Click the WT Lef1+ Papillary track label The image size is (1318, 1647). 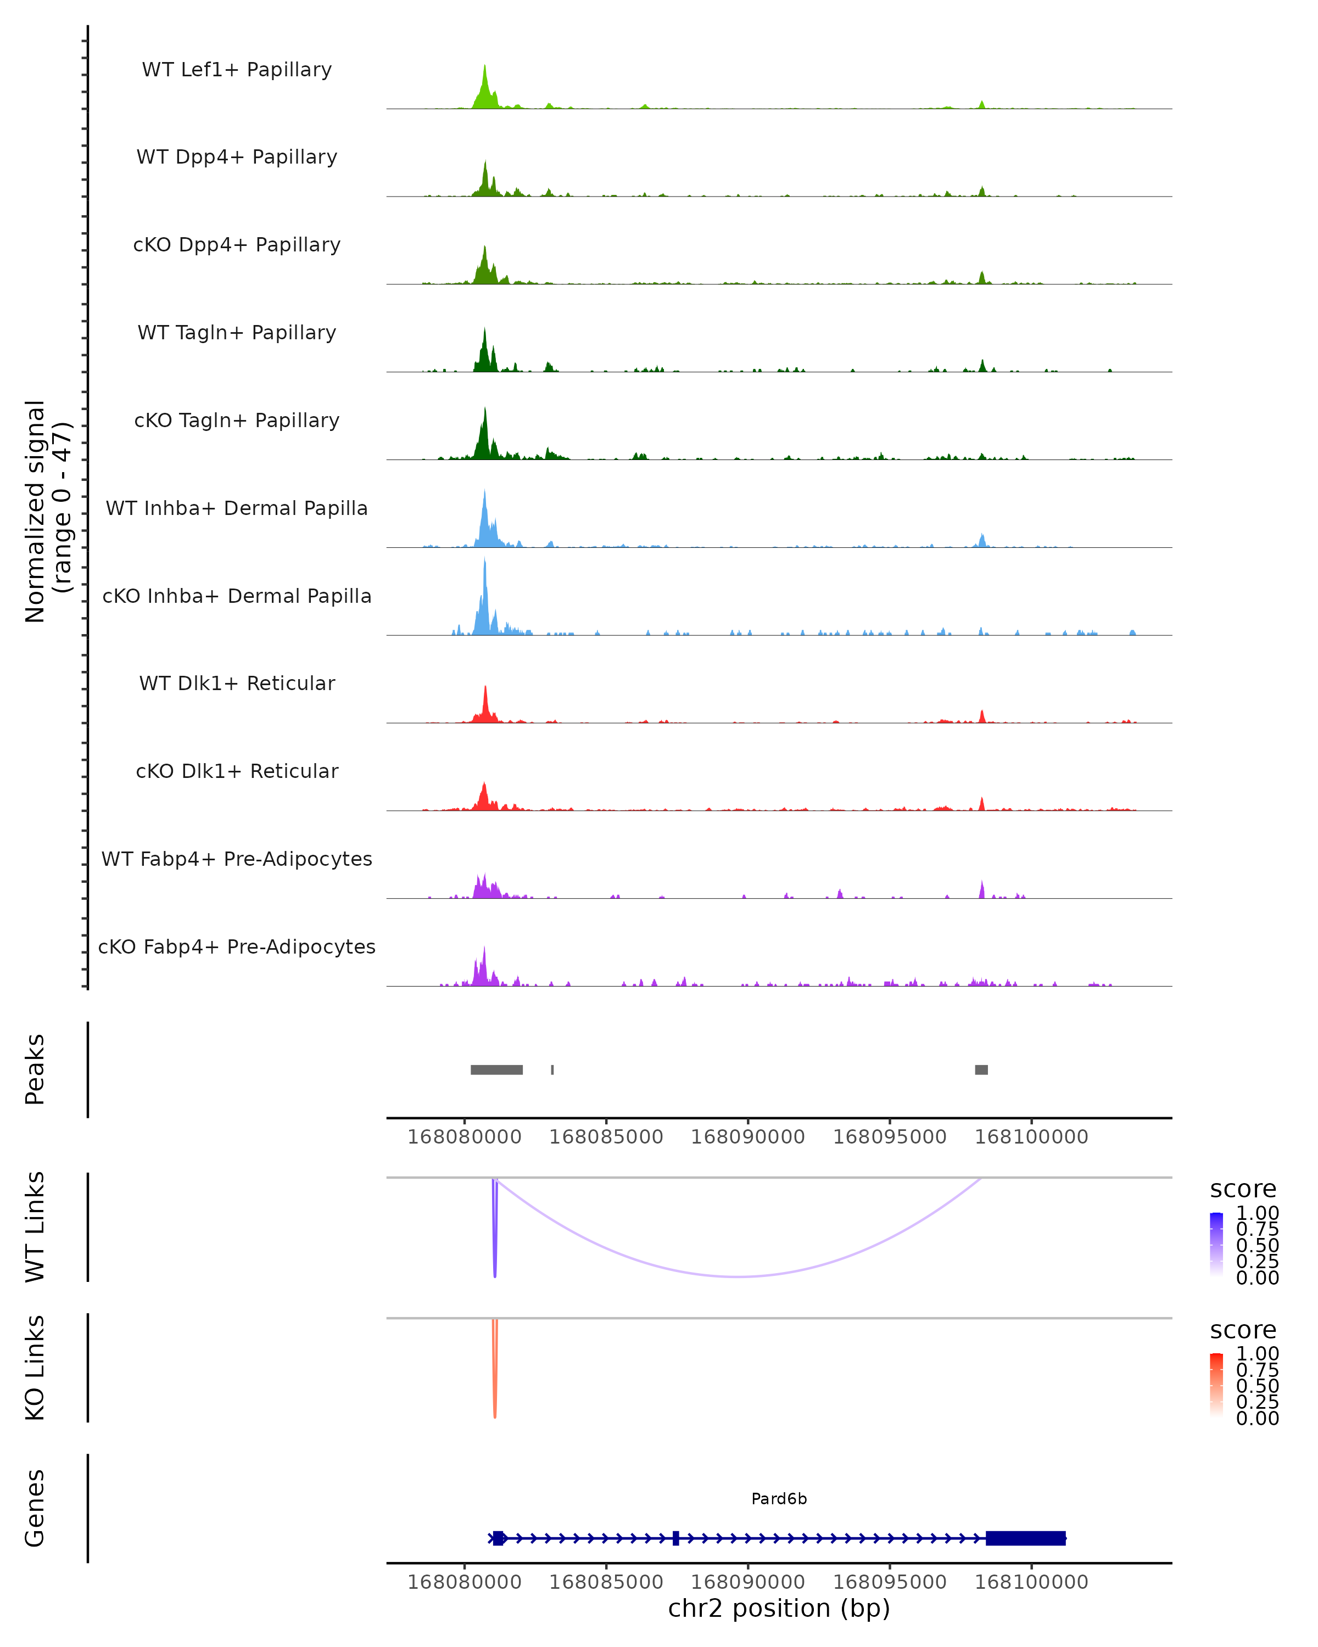tap(237, 70)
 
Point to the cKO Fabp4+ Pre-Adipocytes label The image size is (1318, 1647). tap(237, 946)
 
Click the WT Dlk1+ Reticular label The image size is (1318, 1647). tap(237, 683)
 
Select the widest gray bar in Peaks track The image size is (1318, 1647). tap(496, 1069)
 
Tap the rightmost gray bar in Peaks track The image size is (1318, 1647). tap(981, 1069)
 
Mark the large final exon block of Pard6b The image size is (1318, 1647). tap(1025, 1538)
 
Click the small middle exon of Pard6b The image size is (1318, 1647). tap(675, 1538)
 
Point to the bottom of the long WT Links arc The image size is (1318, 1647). tap(738, 1276)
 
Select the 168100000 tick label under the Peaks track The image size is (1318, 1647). tap(1031, 1137)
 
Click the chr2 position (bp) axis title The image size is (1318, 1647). tap(779, 1608)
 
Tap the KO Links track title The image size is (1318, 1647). tap(35, 1368)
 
